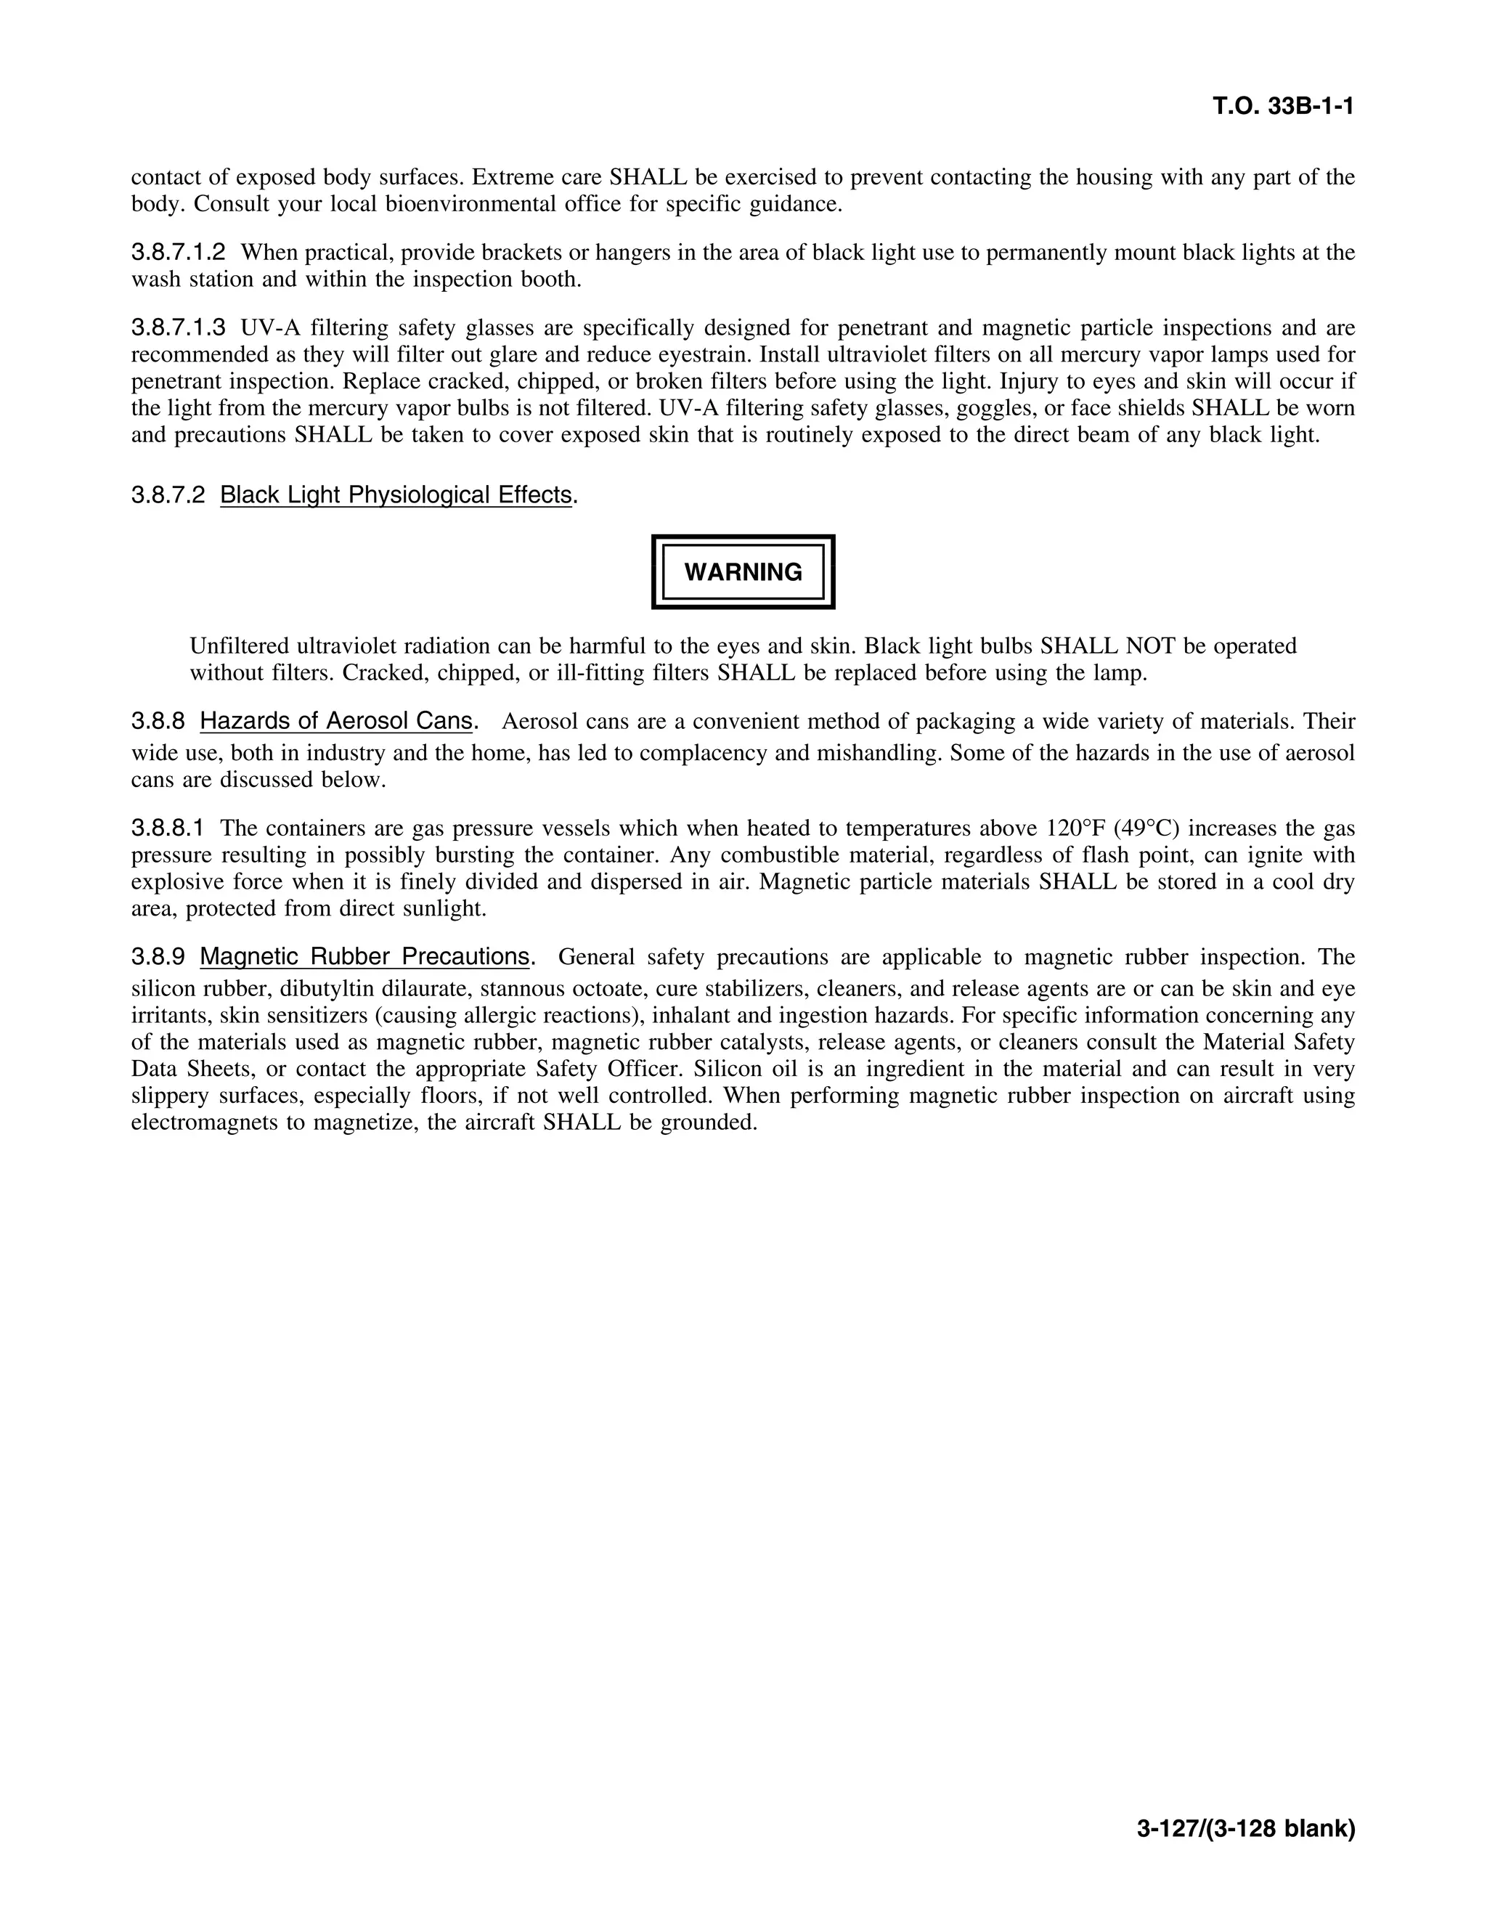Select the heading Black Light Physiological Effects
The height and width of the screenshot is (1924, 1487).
(x=396, y=495)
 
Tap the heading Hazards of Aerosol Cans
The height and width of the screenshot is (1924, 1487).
(x=336, y=722)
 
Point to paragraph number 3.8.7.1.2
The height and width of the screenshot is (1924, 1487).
(x=178, y=253)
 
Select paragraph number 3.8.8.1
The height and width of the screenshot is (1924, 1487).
(x=168, y=829)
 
